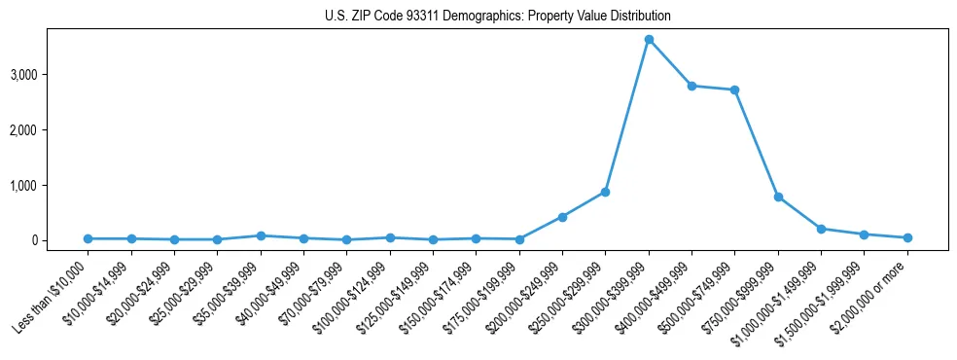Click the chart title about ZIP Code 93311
point(497,17)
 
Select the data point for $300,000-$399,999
point(649,40)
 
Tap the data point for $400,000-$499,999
point(691,86)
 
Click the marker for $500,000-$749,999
point(734,90)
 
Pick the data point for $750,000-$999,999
point(778,197)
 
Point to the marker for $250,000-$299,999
point(605,192)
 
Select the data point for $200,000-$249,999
point(562,217)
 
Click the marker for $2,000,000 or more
point(907,237)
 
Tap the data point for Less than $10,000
point(88,238)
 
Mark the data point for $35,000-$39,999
point(261,235)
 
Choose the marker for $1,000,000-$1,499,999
point(821,229)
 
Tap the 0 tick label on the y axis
point(60,240)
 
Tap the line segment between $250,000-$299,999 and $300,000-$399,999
point(627,116)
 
